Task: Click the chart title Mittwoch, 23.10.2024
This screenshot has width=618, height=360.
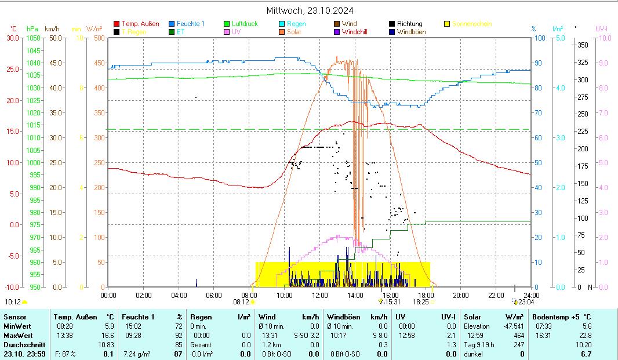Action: [x=310, y=10]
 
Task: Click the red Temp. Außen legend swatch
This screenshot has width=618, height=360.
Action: [x=117, y=24]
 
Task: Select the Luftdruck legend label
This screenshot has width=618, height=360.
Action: [x=245, y=24]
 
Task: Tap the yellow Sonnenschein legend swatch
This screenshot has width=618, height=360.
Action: [x=447, y=24]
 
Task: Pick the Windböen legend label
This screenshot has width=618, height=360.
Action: [x=411, y=32]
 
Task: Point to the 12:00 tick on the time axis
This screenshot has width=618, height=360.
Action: [x=319, y=295]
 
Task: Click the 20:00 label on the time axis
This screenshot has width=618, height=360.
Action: [x=460, y=295]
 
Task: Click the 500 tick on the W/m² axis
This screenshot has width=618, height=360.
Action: [x=99, y=38]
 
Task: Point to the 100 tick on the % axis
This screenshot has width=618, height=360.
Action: [x=539, y=38]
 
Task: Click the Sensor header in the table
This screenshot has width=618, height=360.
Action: [x=14, y=317]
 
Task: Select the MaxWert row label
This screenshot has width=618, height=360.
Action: [x=17, y=336]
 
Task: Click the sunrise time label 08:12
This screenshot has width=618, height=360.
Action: [x=241, y=301]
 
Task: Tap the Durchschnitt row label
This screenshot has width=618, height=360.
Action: [x=21, y=345]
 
